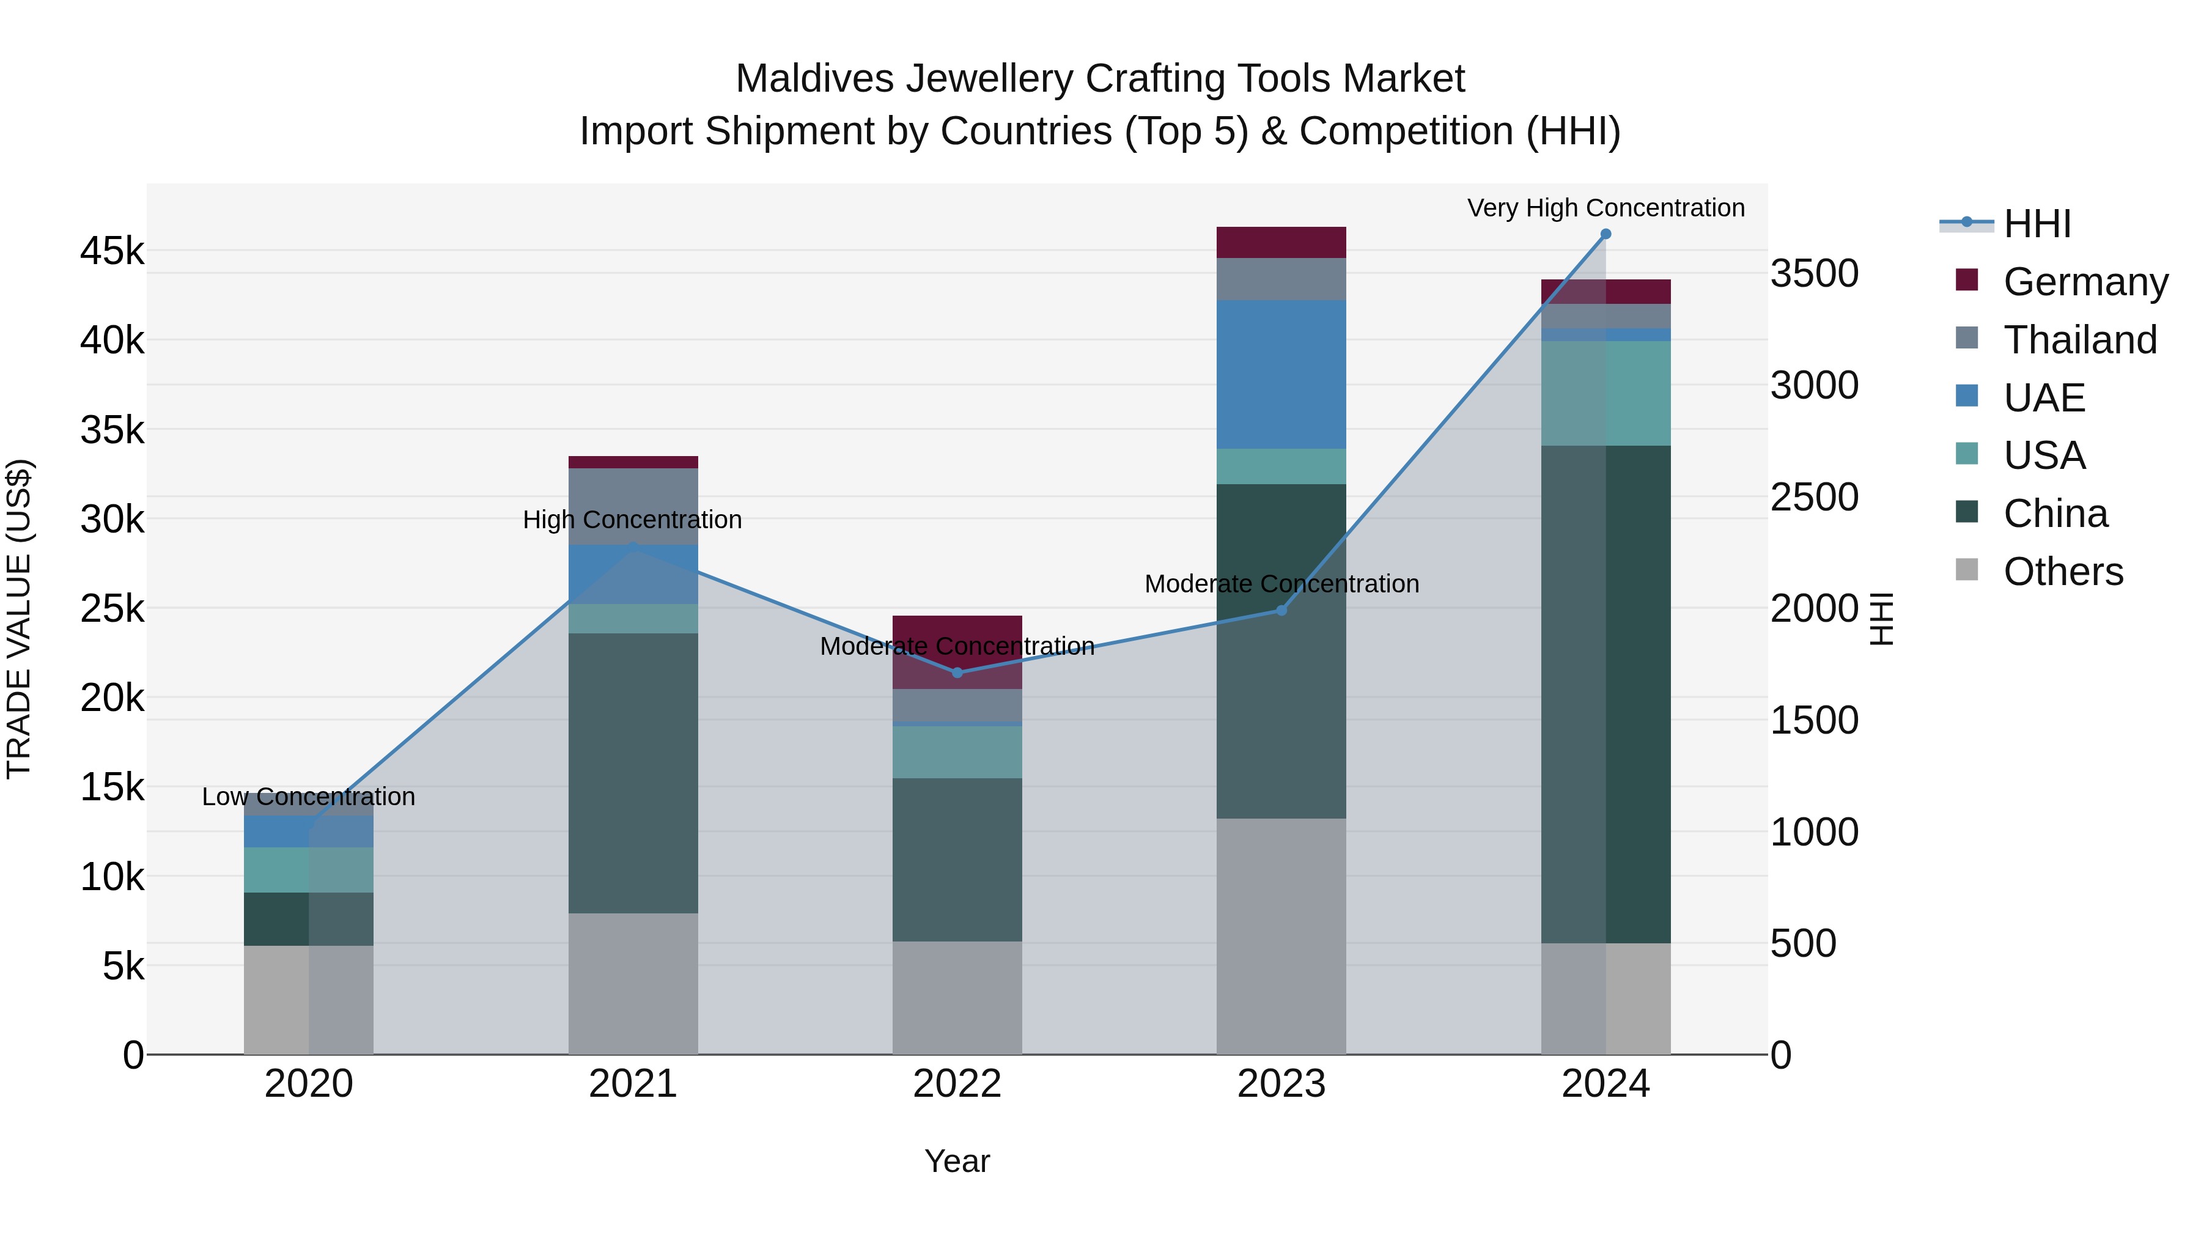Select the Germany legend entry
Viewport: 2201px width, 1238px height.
pyautogui.click(x=2085, y=282)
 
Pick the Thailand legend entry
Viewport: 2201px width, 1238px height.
pyautogui.click(x=2080, y=340)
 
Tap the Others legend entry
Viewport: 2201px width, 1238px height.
pyautogui.click(x=2063, y=572)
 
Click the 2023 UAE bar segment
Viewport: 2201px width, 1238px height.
pyautogui.click(x=1281, y=374)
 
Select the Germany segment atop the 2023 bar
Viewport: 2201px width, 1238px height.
pyautogui.click(x=1281, y=243)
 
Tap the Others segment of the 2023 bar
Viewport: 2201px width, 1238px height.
pyautogui.click(x=1281, y=937)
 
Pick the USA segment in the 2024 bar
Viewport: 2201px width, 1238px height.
pyautogui.click(x=1606, y=393)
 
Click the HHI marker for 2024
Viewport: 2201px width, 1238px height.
pyautogui.click(x=1606, y=234)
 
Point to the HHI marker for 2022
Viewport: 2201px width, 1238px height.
pyautogui.click(x=957, y=673)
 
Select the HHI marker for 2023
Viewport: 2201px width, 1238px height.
pyautogui.click(x=1281, y=611)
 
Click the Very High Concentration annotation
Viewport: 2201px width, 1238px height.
pyautogui.click(x=1606, y=208)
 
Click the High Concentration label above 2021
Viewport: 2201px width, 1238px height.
pyautogui.click(x=632, y=520)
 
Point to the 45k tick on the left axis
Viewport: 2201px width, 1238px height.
pyautogui.click(x=112, y=251)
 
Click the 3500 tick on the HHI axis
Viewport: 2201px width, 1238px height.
pyautogui.click(x=1813, y=273)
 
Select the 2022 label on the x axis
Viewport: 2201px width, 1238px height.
pyautogui.click(x=957, y=1084)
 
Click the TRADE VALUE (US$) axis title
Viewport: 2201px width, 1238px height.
pyautogui.click(x=19, y=619)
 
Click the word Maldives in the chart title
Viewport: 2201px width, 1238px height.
pyautogui.click(x=815, y=79)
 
